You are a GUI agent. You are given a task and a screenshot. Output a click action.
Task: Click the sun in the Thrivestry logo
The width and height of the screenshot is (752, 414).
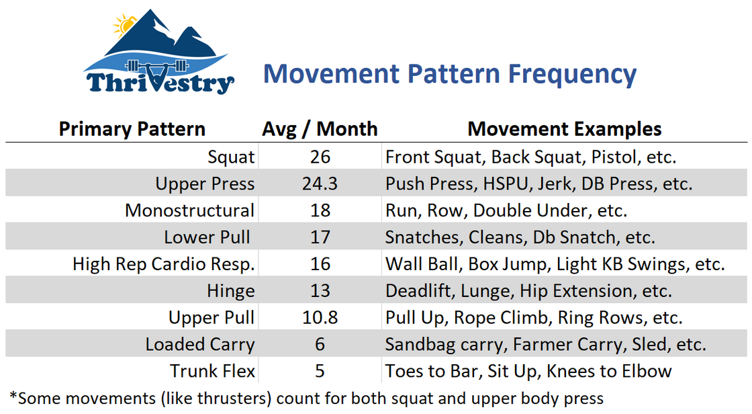click(x=124, y=25)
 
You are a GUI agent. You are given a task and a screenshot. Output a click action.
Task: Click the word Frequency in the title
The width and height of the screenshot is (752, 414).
click(x=572, y=75)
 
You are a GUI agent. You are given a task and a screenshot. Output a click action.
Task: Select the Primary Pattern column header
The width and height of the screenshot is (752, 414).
click(x=132, y=129)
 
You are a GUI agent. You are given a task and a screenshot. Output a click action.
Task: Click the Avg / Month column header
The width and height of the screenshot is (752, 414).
click(x=320, y=129)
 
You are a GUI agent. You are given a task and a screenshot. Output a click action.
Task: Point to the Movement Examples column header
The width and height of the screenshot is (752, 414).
click(x=565, y=129)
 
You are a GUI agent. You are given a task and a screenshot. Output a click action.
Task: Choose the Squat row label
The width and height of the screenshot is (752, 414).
click(x=231, y=157)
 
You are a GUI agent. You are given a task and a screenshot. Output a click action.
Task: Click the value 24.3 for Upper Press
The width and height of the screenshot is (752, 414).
click(x=320, y=184)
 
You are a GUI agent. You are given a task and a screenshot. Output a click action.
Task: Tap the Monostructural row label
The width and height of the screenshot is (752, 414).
click(x=189, y=210)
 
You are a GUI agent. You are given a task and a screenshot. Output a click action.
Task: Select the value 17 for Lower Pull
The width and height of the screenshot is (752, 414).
click(x=320, y=237)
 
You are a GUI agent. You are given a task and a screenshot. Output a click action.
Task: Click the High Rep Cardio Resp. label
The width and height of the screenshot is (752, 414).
click(x=164, y=264)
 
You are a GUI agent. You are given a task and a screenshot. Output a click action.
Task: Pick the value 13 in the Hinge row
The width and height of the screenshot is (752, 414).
click(x=320, y=290)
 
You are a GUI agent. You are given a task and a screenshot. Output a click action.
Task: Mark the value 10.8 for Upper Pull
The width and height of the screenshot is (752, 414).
click(x=320, y=317)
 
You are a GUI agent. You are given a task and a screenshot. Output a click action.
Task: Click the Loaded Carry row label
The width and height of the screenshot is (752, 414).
click(x=200, y=344)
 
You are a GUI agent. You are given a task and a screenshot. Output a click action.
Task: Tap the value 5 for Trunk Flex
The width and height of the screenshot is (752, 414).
click(x=320, y=371)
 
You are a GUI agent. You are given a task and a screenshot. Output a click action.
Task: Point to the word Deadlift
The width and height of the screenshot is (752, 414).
click(x=418, y=291)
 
